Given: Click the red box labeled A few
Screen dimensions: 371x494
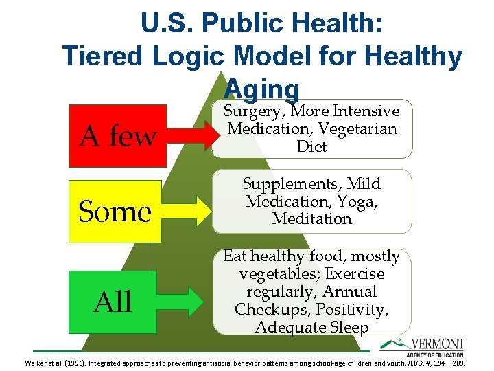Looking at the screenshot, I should click(117, 137).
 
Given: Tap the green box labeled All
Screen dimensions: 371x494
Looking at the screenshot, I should click(114, 301).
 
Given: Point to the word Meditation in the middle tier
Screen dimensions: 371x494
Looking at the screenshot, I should click(311, 219).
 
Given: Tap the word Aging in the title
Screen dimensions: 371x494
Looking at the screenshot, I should click(262, 88).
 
